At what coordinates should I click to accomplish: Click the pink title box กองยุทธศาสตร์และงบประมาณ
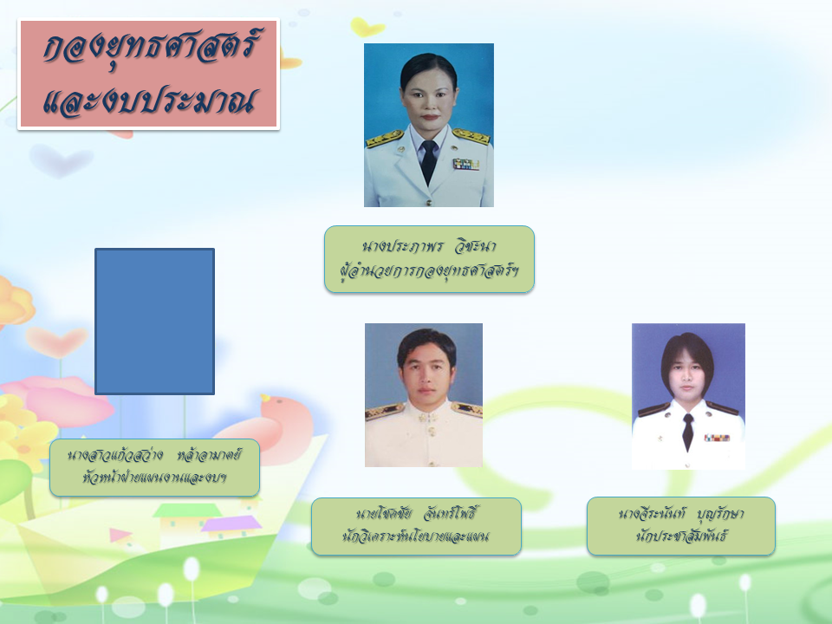point(148,75)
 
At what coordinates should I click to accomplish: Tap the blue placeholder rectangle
point(154,322)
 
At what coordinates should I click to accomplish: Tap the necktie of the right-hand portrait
point(687,432)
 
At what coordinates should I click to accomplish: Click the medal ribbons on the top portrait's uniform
point(466,165)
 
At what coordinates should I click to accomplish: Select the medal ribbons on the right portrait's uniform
point(717,438)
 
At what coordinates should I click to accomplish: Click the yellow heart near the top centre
point(367,26)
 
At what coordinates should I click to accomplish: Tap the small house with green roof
point(187,518)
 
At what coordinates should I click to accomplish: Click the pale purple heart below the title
point(60,159)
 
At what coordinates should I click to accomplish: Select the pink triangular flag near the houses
point(120,535)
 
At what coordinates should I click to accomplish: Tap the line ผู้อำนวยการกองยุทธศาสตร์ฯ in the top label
point(429,270)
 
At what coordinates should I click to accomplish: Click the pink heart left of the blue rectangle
point(56,341)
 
